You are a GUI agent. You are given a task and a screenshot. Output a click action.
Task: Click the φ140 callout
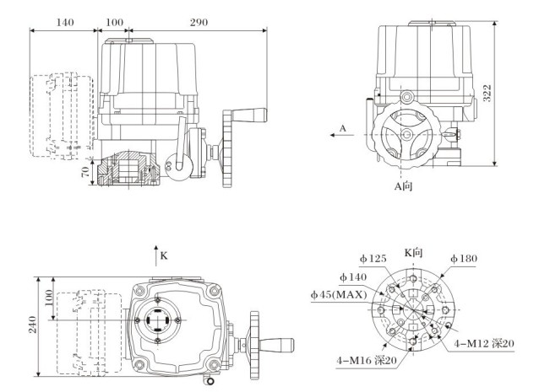click(354, 277)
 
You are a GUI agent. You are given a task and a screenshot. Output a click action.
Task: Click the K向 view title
click(413, 251)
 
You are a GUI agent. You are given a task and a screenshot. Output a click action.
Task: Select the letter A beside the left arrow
click(343, 128)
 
